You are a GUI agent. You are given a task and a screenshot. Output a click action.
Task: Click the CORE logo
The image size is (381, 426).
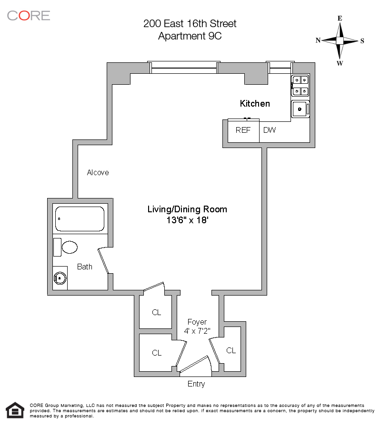click(x=29, y=15)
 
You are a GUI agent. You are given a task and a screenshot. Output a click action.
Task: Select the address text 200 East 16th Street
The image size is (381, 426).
click(x=190, y=23)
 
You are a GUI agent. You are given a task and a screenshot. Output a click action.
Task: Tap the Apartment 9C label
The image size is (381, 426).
click(x=190, y=36)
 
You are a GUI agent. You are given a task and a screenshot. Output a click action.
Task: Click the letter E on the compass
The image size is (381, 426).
click(x=340, y=19)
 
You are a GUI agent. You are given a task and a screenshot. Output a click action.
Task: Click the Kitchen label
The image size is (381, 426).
click(x=255, y=103)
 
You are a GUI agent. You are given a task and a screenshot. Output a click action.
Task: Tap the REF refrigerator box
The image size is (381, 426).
click(x=243, y=130)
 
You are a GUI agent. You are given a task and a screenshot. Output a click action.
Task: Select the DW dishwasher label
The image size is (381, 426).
click(x=270, y=130)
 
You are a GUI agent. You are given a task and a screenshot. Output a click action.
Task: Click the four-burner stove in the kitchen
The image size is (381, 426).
click(x=301, y=86)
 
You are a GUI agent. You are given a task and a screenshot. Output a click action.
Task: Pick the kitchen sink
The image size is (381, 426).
click(x=301, y=109)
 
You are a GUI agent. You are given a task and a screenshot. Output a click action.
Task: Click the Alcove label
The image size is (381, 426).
click(x=98, y=172)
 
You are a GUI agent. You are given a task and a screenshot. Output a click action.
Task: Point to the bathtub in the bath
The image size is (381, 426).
click(x=80, y=218)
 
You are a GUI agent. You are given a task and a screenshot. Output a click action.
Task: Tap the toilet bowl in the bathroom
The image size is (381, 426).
click(x=70, y=248)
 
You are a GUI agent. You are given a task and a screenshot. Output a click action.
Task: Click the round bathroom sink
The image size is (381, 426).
click(x=60, y=278)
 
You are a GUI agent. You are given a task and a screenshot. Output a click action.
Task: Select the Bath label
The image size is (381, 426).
click(x=85, y=267)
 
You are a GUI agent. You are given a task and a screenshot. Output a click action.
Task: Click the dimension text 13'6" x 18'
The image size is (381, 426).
click(x=187, y=220)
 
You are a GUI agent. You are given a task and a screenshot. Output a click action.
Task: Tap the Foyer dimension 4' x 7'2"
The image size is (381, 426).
click(x=197, y=331)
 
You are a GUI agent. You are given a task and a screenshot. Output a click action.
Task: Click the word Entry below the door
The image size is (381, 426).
click(x=196, y=384)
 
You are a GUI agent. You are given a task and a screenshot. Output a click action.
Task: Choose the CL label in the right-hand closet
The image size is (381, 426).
click(x=231, y=351)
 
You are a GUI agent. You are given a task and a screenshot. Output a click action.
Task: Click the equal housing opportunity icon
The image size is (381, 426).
click(x=15, y=410)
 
